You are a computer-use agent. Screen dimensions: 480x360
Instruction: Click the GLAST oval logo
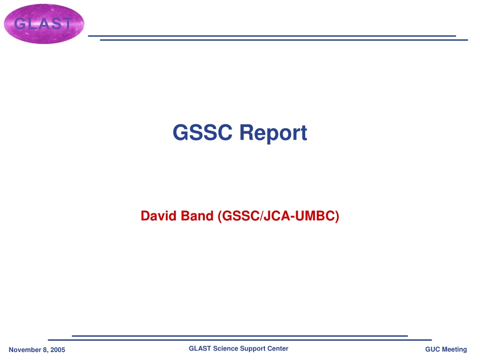click(44, 24)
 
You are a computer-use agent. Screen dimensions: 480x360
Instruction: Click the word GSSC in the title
click(202, 132)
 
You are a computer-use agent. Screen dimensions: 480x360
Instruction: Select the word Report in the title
click(273, 133)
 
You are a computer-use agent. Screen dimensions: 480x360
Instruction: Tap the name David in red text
click(158, 216)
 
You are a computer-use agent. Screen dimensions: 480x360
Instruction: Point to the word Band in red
click(197, 216)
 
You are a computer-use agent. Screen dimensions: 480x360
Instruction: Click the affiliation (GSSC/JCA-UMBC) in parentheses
click(278, 216)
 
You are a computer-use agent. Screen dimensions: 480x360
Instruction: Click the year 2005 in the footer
click(58, 350)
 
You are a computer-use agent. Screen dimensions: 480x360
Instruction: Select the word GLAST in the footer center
click(200, 348)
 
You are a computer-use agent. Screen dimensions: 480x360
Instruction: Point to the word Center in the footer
click(278, 348)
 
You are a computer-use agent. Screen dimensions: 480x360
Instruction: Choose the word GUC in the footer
click(432, 349)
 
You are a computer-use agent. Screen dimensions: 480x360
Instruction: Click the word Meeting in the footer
click(454, 350)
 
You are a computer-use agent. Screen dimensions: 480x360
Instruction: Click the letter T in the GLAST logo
click(66, 23)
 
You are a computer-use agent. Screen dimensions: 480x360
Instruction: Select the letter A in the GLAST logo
click(43, 23)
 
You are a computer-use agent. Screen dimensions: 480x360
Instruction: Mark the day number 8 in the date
click(45, 350)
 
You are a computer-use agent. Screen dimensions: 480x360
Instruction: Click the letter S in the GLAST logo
click(55, 23)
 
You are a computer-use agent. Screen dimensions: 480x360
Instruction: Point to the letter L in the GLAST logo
click(32, 23)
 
